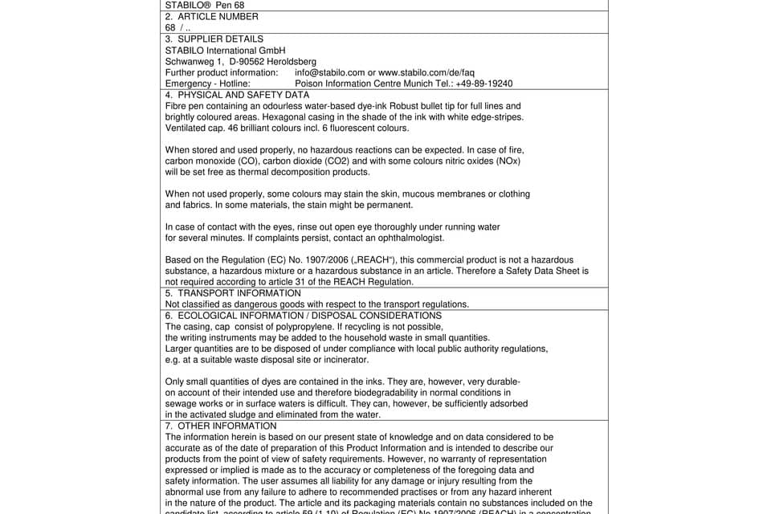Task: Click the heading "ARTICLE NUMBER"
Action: tap(218, 16)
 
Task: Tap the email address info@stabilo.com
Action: tap(329, 72)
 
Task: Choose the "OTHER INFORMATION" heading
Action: tap(226, 426)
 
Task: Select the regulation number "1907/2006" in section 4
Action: tap(296, 260)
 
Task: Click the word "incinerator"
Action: tap(345, 360)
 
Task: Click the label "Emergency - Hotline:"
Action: tap(207, 84)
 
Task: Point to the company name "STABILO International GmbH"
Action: tap(225, 50)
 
